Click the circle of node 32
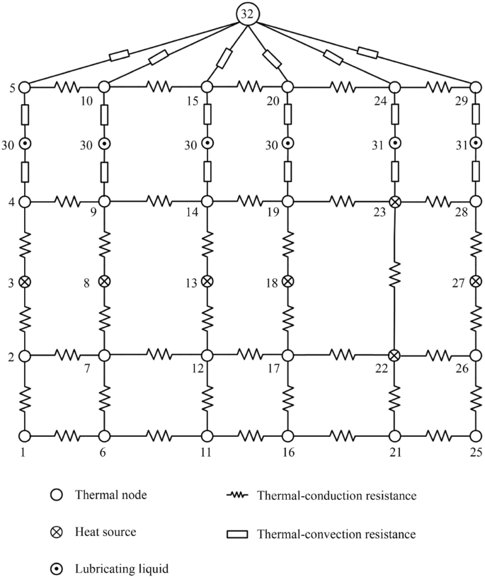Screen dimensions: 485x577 click(247, 14)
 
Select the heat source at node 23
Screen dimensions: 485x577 click(395, 202)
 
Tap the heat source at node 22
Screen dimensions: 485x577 click(394, 355)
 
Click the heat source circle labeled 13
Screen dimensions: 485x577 click(207, 282)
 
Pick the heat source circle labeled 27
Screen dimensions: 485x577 click(477, 282)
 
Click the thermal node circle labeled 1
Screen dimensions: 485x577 click(24, 436)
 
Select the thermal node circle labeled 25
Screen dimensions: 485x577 click(477, 436)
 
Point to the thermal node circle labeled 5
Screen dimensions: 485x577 click(24, 87)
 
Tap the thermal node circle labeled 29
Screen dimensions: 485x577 click(477, 87)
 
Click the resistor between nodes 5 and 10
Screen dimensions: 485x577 click(67, 87)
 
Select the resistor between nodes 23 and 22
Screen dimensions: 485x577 click(394, 273)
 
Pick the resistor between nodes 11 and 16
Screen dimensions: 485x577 click(250, 436)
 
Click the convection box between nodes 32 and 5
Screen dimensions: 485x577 click(119, 55)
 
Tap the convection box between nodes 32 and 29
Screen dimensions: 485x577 click(367, 52)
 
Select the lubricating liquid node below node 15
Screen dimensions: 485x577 click(207, 143)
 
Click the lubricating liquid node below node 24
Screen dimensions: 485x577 click(395, 143)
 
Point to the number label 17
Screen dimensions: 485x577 click(273, 368)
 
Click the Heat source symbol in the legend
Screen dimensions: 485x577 click(57, 532)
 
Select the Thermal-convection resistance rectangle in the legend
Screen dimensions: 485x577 click(237, 534)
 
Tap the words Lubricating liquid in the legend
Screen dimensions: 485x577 click(122, 569)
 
